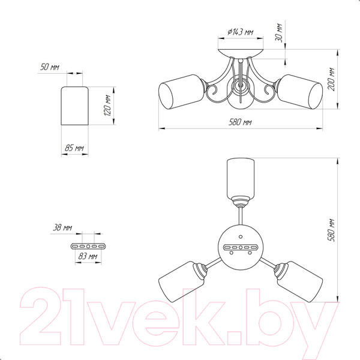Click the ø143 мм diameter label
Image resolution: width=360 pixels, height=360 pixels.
(241, 32)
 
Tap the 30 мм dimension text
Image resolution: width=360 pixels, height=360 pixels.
(279, 32)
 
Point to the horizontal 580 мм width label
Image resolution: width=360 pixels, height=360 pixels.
(240, 122)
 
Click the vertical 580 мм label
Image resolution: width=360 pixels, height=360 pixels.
(331, 230)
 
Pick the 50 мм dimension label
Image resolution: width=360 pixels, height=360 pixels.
(50, 67)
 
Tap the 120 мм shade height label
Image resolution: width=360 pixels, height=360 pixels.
(107, 105)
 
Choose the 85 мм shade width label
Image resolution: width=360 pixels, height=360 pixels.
(74, 148)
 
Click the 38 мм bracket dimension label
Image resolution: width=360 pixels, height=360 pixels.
(62, 227)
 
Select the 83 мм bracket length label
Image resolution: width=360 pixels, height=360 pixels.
(88, 256)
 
